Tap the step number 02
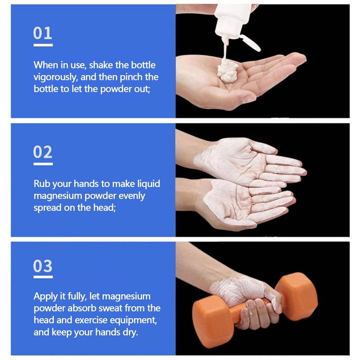tap(43, 152)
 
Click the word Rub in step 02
tap(42, 184)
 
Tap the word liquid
tap(148, 184)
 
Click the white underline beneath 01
tap(43, 45)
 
